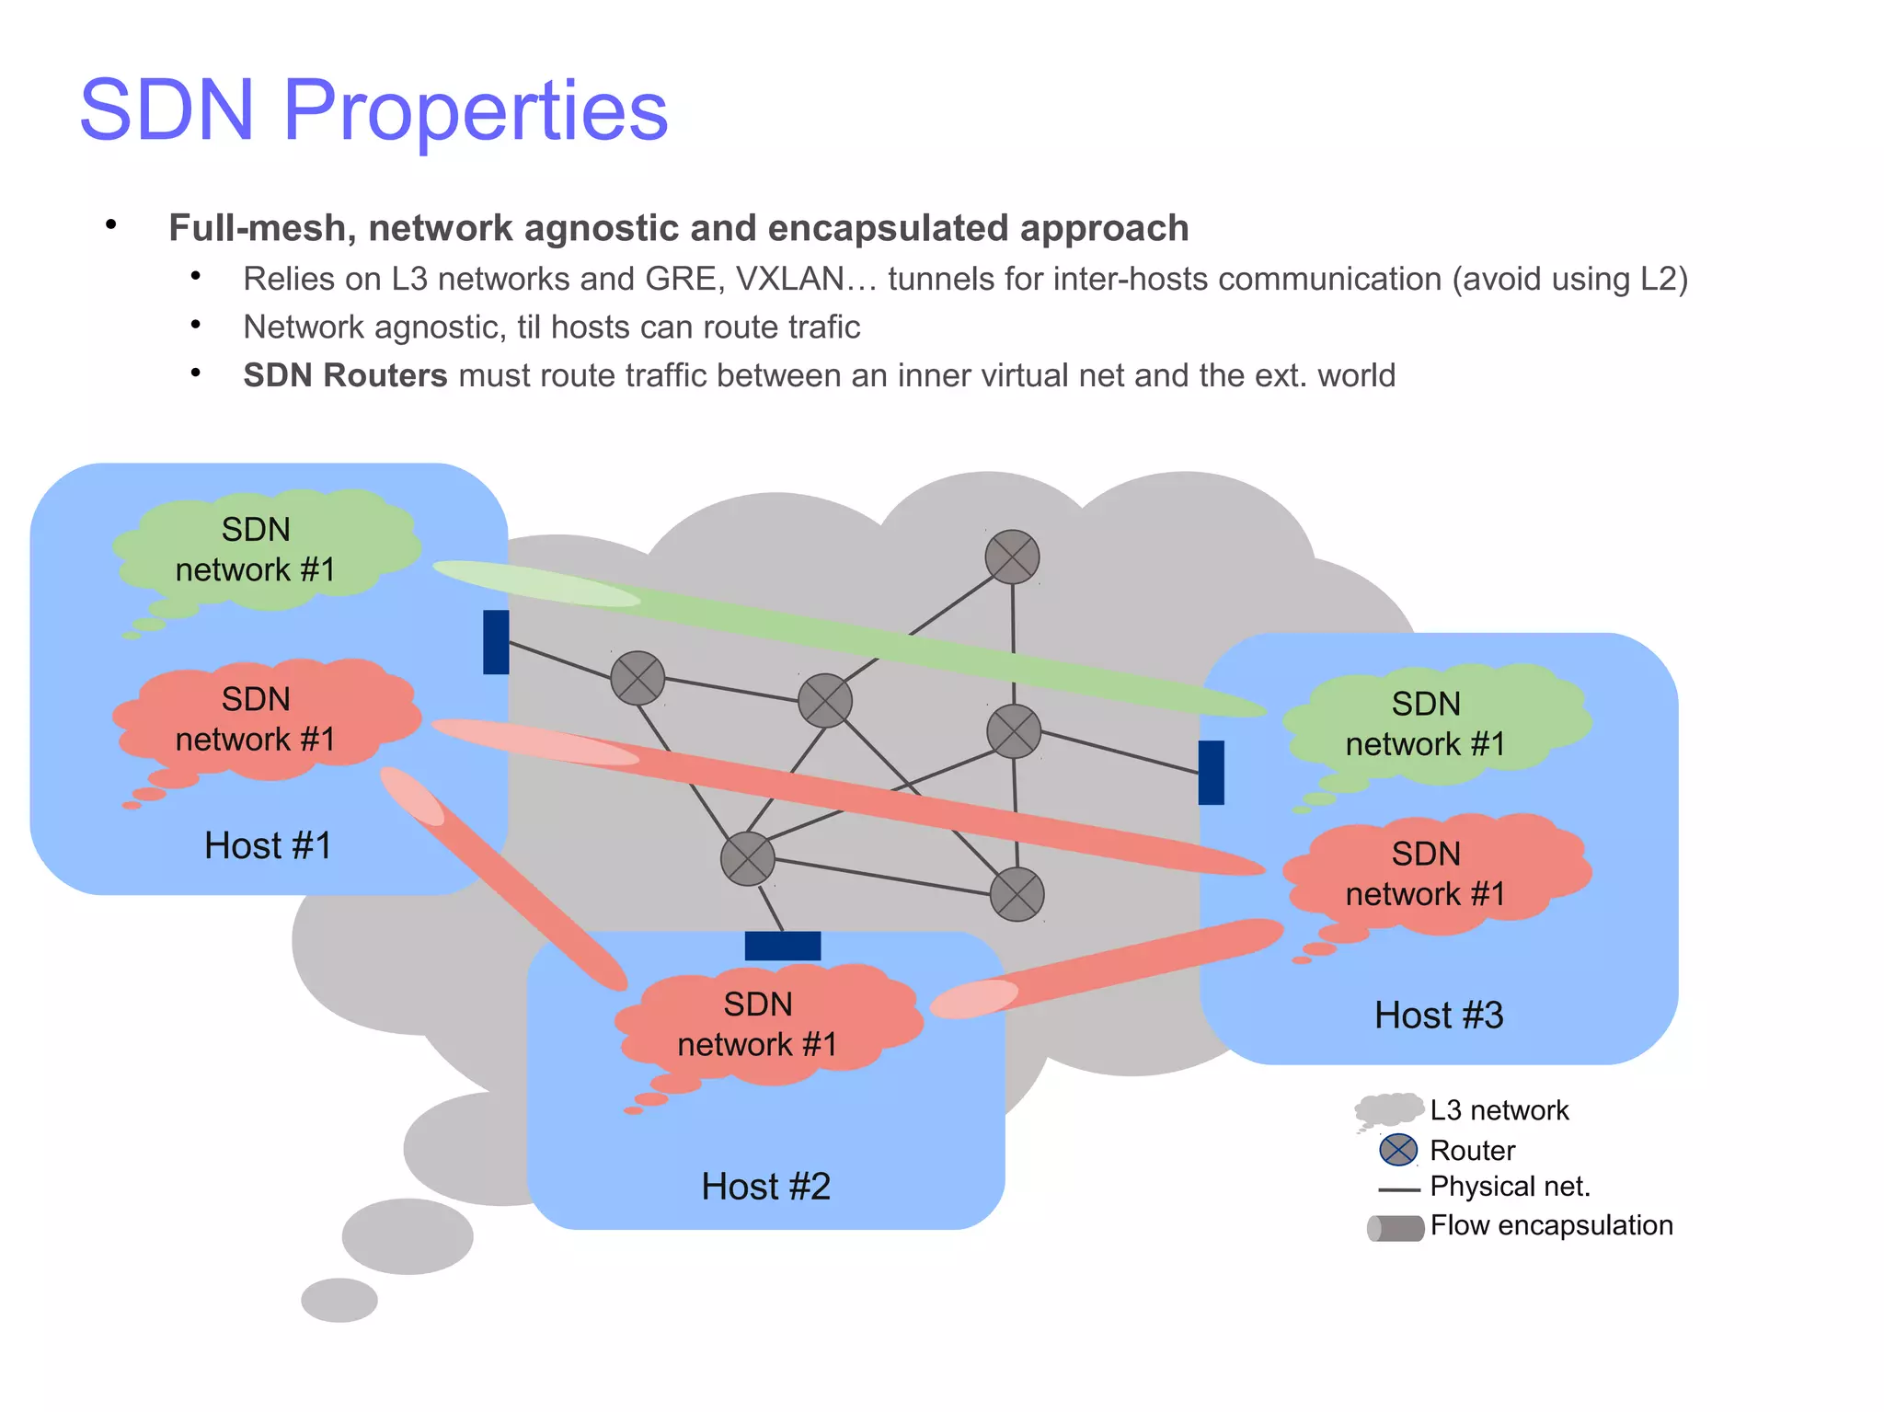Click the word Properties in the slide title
pyautogui.click(x=475, y=110)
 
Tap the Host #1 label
pyautogui.click(x=268, y=845)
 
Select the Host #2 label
pyautogui.click(x=765, y=1187)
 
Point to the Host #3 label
pyautogui.click(x=1439, y=1016)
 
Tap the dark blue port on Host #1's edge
pyautogui.click(x=496, y=642)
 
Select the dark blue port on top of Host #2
pyautogui.click(x=782, y=946)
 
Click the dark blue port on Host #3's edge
pyautogui.click(x=1211, y=773)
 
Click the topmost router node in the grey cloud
pyautogui.click(x=1012, y=557)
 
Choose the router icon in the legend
pyautogui.click(x=1398, y=1150)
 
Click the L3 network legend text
pyautogui.click(x=1499, y=1110)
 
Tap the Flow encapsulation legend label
pyautogui.click(x=1551, y=1225)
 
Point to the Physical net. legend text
pyautogui.click(x=1510, y=1187)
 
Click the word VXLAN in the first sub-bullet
pyautogui.click(x=789, y=279)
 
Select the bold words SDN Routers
pyautogui.click(x=345, y=375)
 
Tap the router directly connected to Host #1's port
pyautogui.click(x=638, y=678)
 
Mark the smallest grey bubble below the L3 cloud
pyautogui.click(x=339, y=1300)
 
